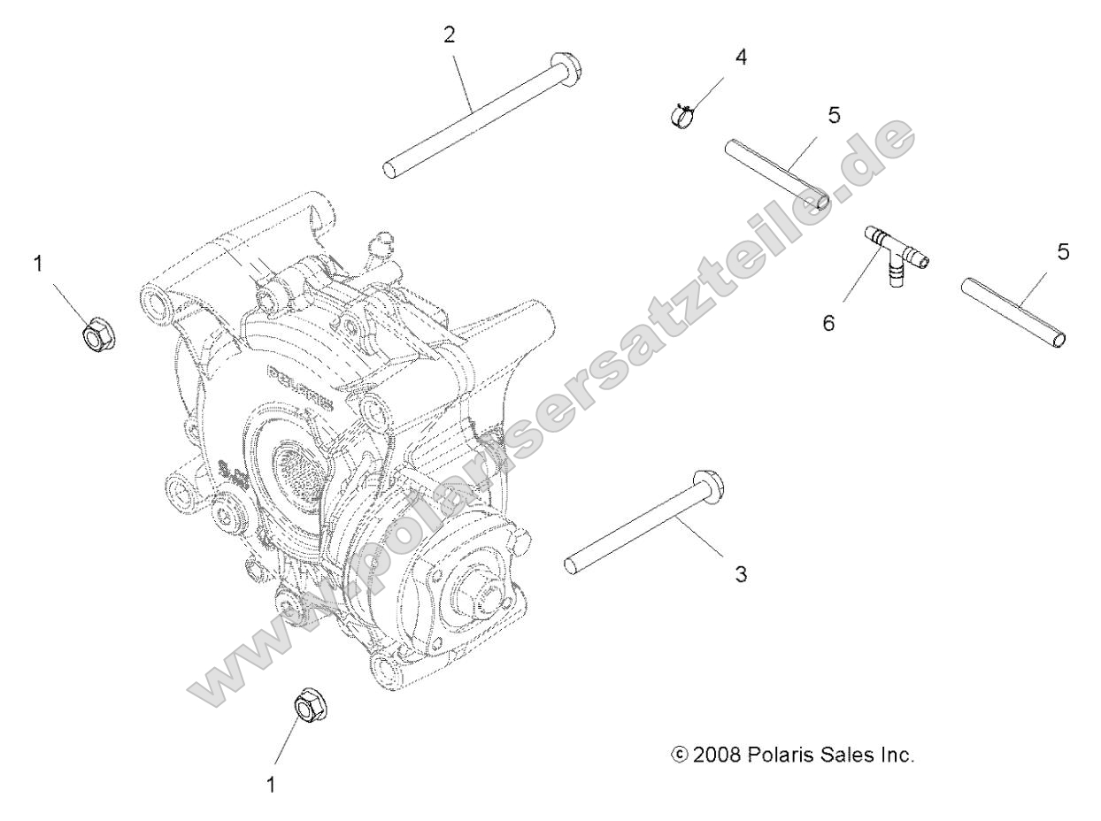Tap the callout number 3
742,574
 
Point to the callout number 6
829,323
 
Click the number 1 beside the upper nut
38,263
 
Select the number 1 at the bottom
272,784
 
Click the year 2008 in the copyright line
718,756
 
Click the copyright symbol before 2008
680,756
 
